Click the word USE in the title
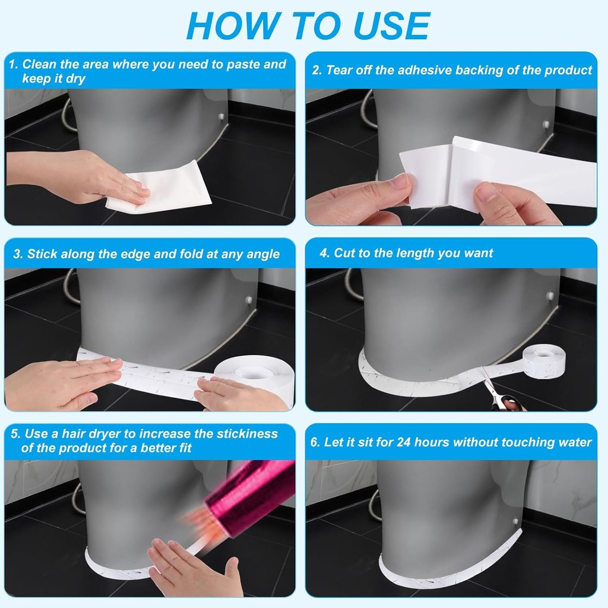(391, 26)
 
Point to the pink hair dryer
(249, 493)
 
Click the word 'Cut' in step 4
(345, 253)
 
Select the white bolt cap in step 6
(515, 521)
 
